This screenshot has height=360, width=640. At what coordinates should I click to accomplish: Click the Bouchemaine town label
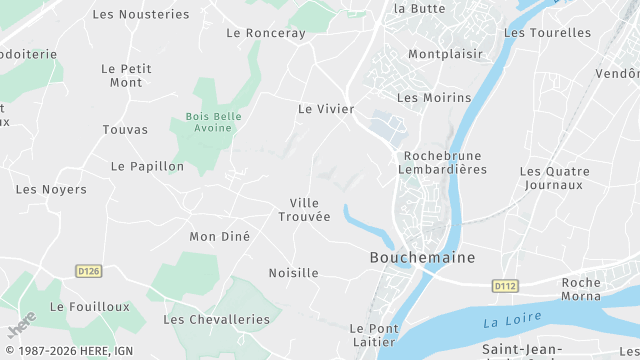422,257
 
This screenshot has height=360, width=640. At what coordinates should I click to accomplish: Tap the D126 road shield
89,270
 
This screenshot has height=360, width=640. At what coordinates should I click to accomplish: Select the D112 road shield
505,286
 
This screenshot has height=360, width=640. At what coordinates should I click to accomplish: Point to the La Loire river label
512,320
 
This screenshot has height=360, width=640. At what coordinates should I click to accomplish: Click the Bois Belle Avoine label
213,122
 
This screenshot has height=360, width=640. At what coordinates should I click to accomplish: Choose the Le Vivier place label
326,108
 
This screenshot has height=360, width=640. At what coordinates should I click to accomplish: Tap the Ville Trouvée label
303,210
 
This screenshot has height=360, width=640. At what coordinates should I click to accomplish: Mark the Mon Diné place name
219,237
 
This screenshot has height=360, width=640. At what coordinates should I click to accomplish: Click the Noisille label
293,273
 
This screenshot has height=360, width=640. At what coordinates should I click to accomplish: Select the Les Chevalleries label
216,319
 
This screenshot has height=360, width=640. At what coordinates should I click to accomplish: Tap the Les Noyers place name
51,189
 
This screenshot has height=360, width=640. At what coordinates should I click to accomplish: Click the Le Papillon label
147,166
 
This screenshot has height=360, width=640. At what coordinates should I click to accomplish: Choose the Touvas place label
125,130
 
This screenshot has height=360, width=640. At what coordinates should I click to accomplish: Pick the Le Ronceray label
266,33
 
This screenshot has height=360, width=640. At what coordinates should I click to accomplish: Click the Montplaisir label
445,54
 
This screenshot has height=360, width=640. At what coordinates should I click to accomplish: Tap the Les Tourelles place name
547,32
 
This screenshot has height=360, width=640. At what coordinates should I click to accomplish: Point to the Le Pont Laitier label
374,335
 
